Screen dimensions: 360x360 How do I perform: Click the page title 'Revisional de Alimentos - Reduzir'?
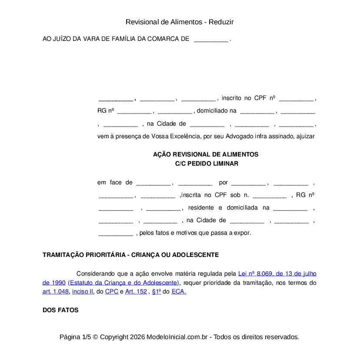click(x=180, y=22)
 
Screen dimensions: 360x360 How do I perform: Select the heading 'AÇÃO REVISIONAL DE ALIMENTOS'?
click(x=206, y=155)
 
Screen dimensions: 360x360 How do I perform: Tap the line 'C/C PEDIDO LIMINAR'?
click(x=206, y=164)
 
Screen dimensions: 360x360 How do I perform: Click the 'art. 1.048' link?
click(x=56, y=292)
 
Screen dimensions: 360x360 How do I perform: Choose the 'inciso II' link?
click(x=83, y=292)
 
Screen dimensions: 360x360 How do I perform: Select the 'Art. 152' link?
click(x=136, y=292)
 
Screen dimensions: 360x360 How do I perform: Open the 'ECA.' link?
click(x=179, y=292)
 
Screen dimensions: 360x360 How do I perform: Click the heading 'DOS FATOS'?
click(x=60, y=310)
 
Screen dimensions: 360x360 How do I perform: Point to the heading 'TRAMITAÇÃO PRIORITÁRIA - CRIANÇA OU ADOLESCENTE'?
click(x=130, y=255)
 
